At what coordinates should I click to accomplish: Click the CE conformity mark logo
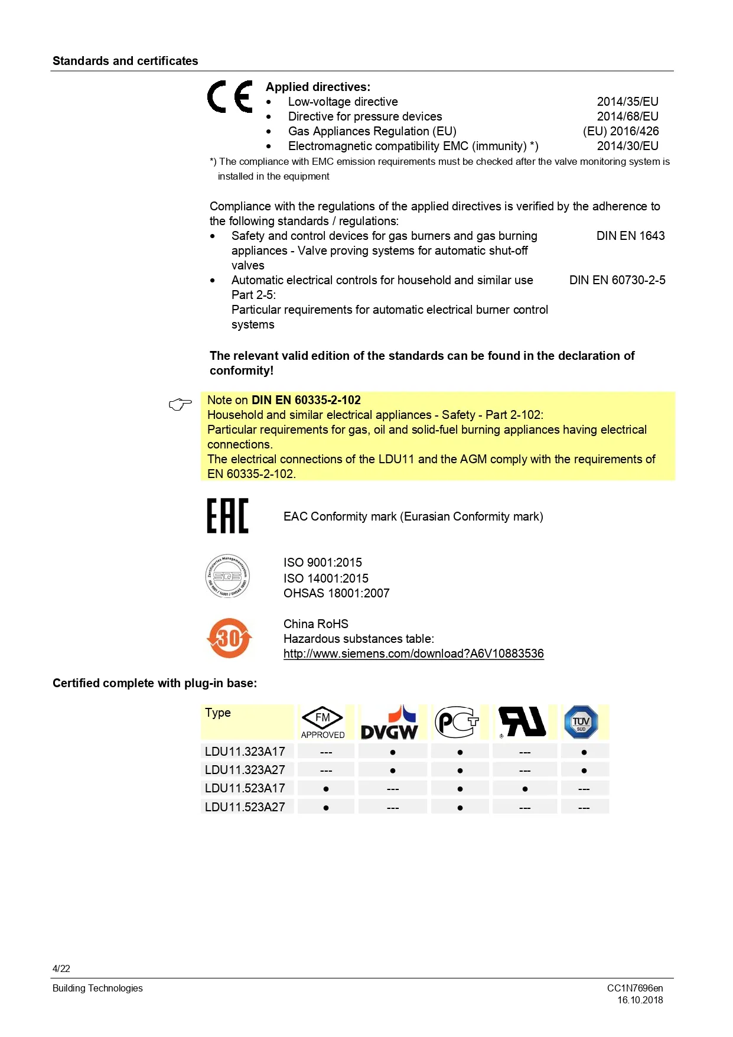[x=230, y=96]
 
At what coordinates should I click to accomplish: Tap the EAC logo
[x=227, y=516]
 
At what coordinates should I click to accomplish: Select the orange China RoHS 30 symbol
[x=229, y=638]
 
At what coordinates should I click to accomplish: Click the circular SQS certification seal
[x=227, y=576]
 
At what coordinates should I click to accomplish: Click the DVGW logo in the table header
[x=389, y=723]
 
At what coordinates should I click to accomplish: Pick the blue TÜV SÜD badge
[x=581, y=722]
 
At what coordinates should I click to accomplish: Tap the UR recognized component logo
[x=522, y=722]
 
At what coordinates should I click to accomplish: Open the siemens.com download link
[x=413, y=654]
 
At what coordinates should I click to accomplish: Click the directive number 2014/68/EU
[x=627, y=116]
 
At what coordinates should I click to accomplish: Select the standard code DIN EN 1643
[x=630, y=236]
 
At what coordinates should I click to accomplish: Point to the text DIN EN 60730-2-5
[x=617, y=280]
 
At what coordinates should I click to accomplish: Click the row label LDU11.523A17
[x=245, y=788]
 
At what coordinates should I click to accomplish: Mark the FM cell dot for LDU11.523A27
[x=326, y=808]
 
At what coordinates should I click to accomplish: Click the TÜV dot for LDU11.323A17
[x=584, y=752]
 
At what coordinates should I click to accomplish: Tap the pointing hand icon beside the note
[x=180, y=404]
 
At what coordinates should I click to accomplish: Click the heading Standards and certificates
[x=125, y=61]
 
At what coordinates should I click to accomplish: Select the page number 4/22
[x=61, y=968]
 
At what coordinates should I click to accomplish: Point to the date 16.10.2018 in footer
[x=640, y=1000]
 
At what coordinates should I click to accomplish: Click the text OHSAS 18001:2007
[x=337, y=593]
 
